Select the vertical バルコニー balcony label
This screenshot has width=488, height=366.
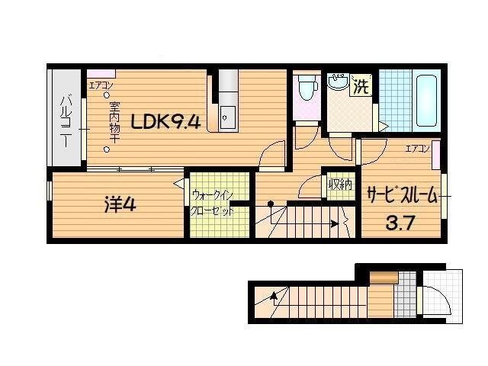pos(66,121)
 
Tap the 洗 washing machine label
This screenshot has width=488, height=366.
pos(360,87)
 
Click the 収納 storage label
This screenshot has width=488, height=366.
pos(340,185)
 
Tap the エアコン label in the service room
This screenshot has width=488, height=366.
pos(418,148)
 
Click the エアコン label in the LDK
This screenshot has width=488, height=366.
pos(101,85)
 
